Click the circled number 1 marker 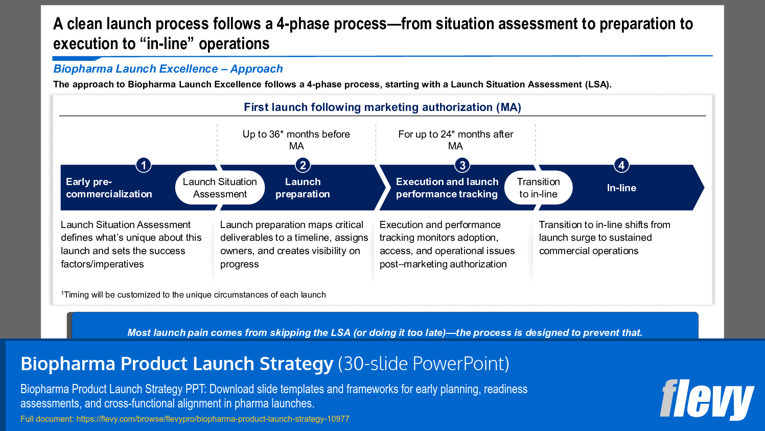click(x=144, y=165)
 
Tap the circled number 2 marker click(x=303, y=165)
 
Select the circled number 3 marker click(x=462, y=165)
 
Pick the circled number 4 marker click(x=621, y=165)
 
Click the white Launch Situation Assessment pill click(x=220, y=188)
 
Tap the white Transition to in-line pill click(x=538, y=188)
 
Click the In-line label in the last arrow click(x=621, y=188)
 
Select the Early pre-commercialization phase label click(x=109, y=188)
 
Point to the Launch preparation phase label click(x=303, y=188)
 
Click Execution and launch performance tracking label click(x=447, y=188)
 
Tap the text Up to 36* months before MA click(x=296, y=140)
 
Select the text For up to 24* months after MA click(x=455, y=140)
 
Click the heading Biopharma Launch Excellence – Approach click(x=168, y=69)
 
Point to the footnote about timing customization click(x=194, y=294)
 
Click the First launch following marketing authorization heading click(x=382, y=107)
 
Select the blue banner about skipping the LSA click(x=384, y=332)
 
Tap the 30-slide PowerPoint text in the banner click(x=424, y=364)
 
